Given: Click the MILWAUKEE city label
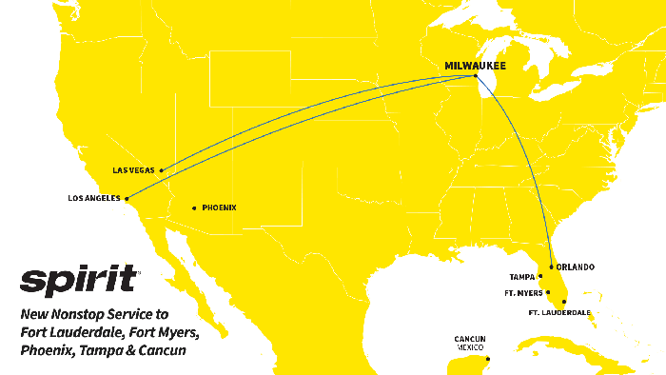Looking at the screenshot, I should coord(475,65).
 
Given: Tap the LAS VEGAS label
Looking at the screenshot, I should coord(133,170).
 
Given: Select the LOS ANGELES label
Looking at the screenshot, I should coord(95,199).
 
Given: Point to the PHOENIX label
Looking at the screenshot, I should coord(219,207).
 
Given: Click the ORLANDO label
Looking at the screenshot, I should coord(576,267).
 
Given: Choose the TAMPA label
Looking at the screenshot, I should coord(522,277).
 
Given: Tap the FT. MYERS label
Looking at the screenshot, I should coord(523,293).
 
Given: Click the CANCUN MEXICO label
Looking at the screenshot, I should coord(470,343).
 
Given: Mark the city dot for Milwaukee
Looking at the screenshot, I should coord(475,74).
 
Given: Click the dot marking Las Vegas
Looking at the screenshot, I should coord(162,170).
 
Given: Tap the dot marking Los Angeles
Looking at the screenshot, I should coord(127,199).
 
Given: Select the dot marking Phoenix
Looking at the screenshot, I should coord(194,207).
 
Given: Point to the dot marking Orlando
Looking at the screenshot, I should coord(551,267).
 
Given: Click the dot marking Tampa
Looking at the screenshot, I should coord(540,277).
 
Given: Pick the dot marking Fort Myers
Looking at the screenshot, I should coord(547,293).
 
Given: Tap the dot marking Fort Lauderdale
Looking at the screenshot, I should coord(564,302).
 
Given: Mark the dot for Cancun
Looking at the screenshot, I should coord(488,359).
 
